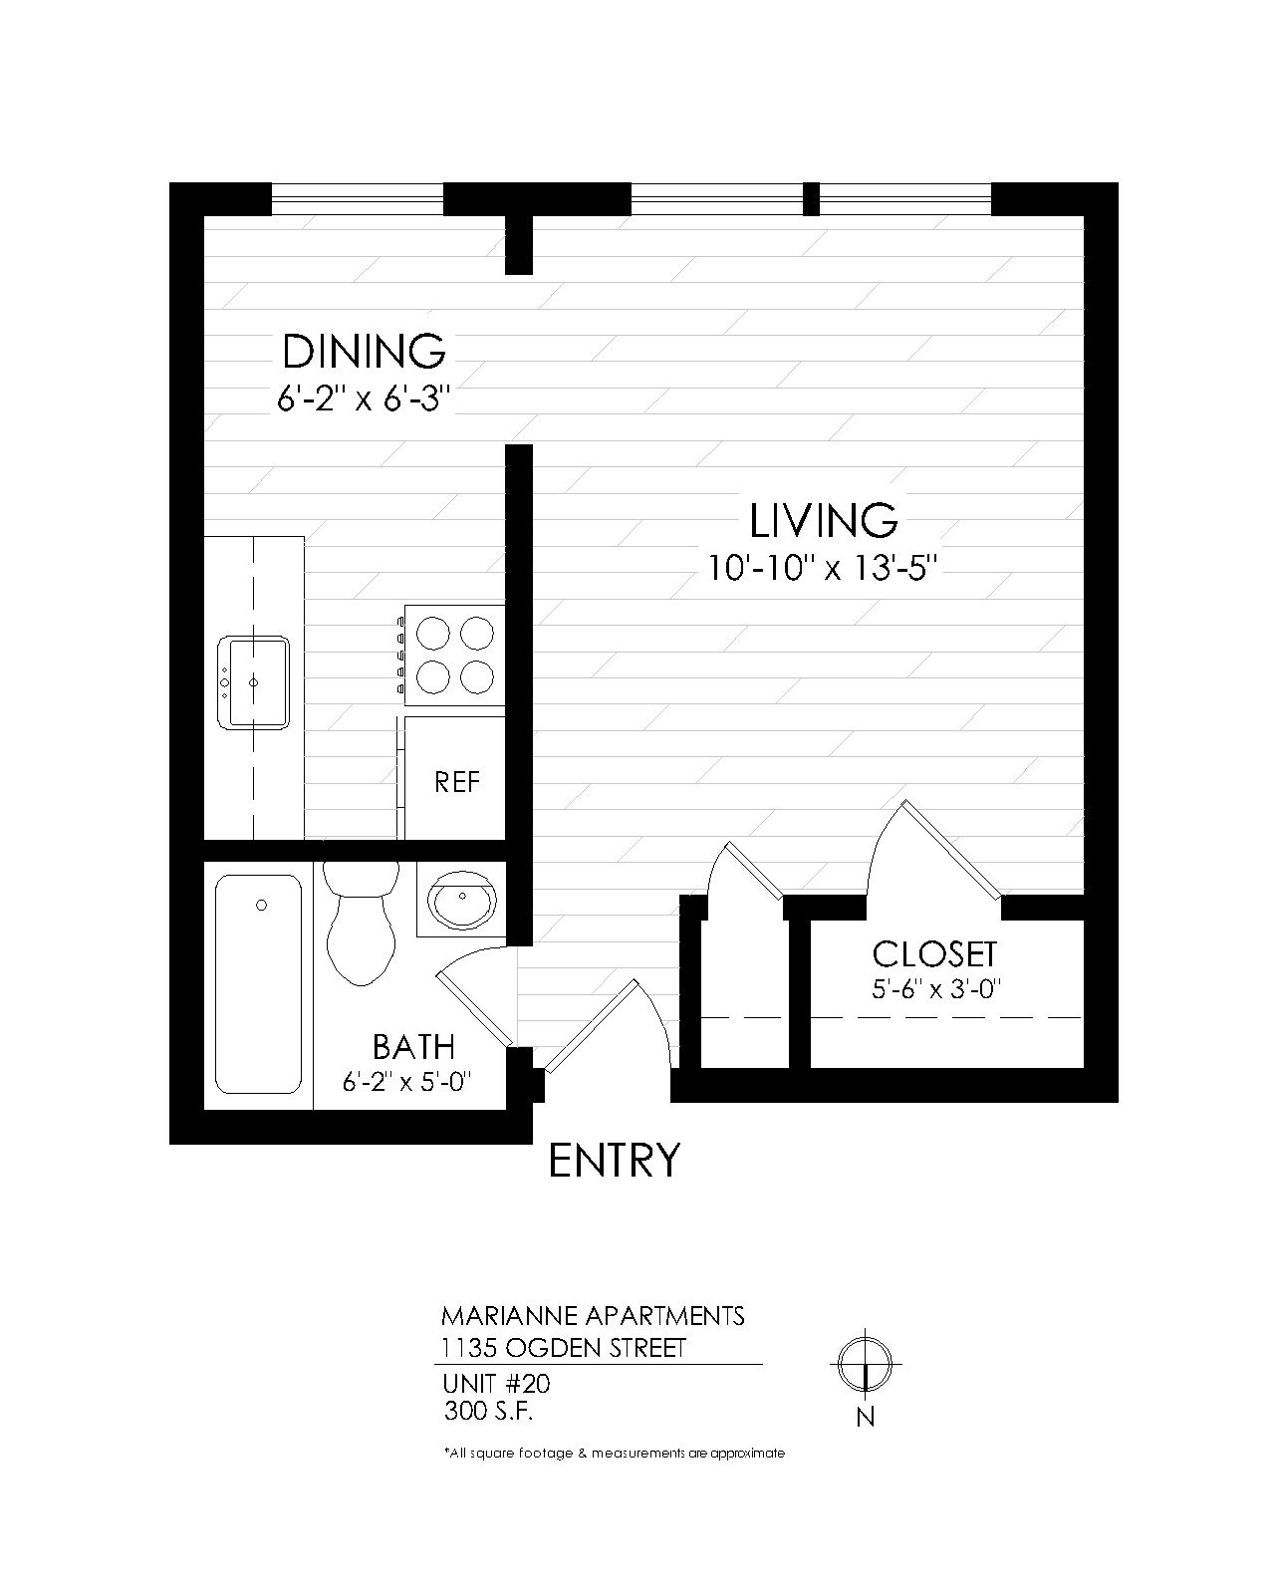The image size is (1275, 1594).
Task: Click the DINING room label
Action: [364, 352]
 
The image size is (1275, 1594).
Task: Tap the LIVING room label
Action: [823, 521]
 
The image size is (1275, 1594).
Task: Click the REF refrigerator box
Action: [456, 781]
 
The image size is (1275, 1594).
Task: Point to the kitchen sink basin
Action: [255, 682]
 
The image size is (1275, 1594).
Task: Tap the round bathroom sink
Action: [462, 900]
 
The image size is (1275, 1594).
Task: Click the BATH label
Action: [413, 1047]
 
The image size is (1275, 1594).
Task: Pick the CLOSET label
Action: [934, 954]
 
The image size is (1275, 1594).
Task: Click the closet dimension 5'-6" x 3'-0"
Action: [934, 989]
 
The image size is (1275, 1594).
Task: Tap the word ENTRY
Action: [615, 1161]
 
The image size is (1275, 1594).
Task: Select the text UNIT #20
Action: [495, 1384]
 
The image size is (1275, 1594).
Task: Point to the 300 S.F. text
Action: [493, 1411]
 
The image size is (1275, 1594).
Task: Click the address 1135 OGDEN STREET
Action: [564, 1349]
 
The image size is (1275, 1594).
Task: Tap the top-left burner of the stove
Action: [434, 633]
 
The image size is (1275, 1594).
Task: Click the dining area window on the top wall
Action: [357, 198]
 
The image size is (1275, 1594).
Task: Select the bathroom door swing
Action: [473, 996]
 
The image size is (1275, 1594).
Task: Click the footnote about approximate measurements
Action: [614, 1454]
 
